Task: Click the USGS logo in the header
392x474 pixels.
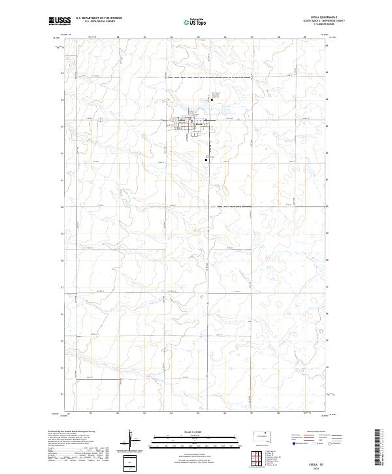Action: (59, 21)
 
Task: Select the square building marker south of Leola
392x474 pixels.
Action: (206, 158)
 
